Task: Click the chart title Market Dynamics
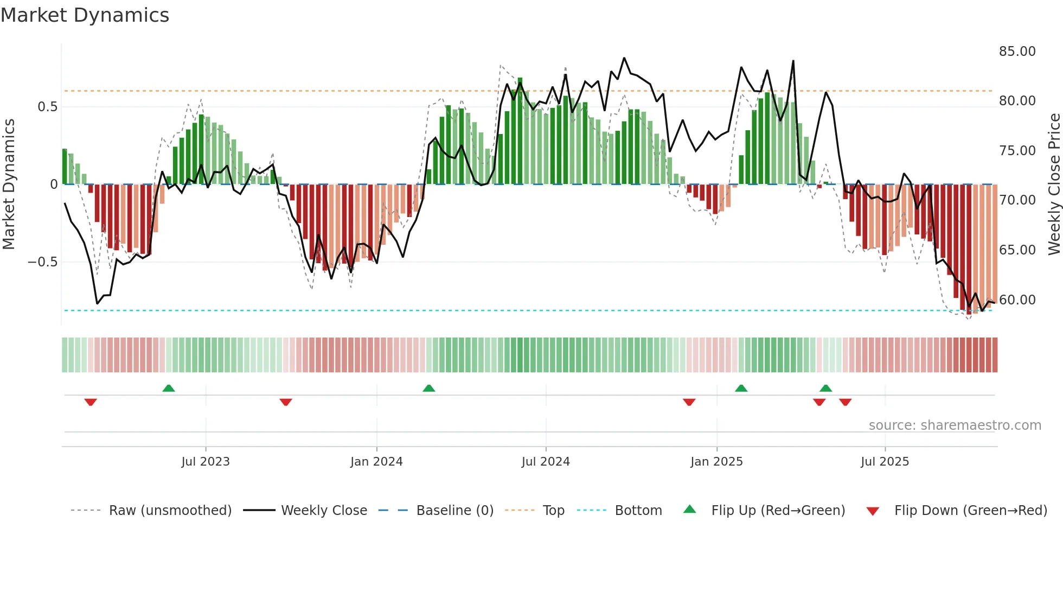click(x=85, y=15)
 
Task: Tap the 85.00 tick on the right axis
click(x=1017, y=52)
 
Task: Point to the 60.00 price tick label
click(x=1017, y=300)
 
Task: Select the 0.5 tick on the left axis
click(x=47, y=107)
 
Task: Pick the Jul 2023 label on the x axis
click(x=206, y=462)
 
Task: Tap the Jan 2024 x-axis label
click(x=376, y=462)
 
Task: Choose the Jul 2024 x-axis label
click(x=546, y=462)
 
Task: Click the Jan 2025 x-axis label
click(x=716, y=462)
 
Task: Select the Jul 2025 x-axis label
click(x=885, y=462)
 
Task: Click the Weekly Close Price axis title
click(x=1054, y=185)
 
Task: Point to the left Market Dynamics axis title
click(x=9, y=185)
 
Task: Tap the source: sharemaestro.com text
click(x=955, y=425)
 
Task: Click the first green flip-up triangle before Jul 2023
click(x=169, y=389)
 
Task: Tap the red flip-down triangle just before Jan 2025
click(x=689, y=402)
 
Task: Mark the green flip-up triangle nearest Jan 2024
click(x=428, y=389)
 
